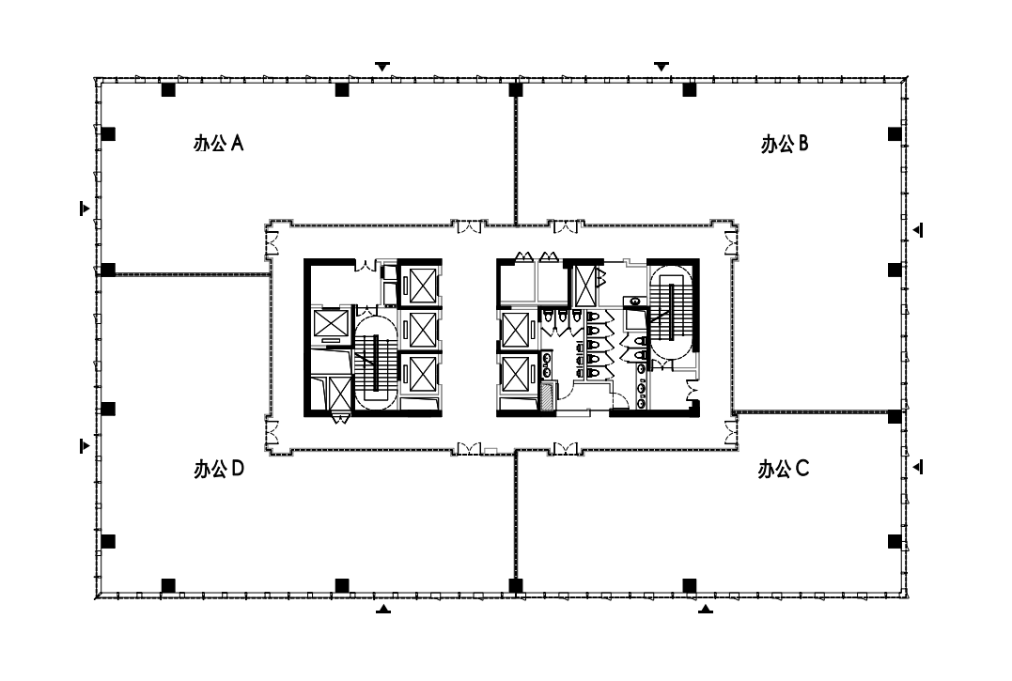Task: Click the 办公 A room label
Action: pyautogui.click(x=218, y=143)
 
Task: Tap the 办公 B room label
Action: pyautogui.click(x=785, y=143)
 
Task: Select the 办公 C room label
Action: pyautogui.click(x=783, y=469)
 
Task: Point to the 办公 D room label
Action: pyautogui.click(x=219, y=469)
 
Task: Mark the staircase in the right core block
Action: pyautogui.click(x=671, y=311)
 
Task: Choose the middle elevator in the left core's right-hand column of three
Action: pyautogui.click(x=421, y=331)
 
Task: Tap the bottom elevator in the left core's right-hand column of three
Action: pyautogui.click(x=421, y=374)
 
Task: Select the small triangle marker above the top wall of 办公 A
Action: pyautogui.click(x=382, y=67)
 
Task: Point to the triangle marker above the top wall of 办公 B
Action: pyautogui.click(x=662, y=67)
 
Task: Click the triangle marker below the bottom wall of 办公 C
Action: pyautogui.click(x=706, y=608)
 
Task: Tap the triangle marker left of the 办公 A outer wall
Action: pyautogui.click(x=84, y=209)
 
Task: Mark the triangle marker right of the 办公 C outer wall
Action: pyautogui.click(x=918, y=466)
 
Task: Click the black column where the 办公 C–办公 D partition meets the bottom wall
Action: pyautogui.click(x=516, y=585)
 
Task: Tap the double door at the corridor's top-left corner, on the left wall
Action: pyautogui.click(x=272, y=242)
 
